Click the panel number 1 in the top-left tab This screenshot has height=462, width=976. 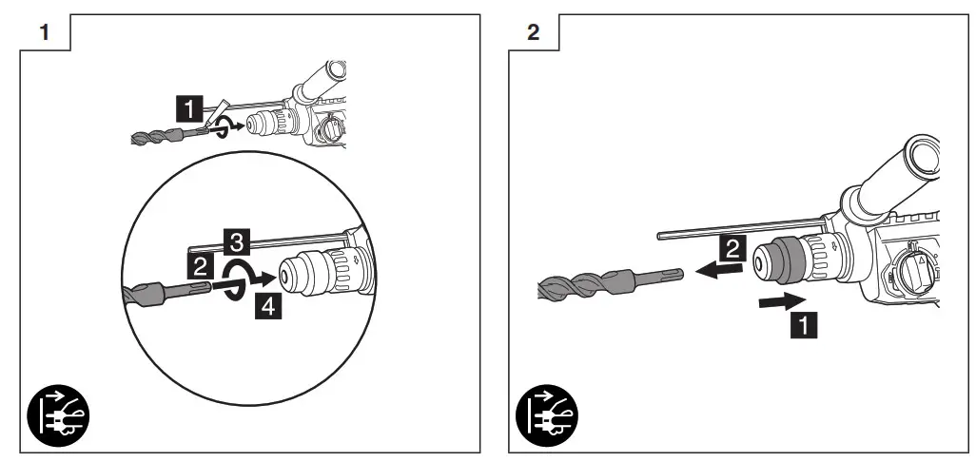click(44, 32)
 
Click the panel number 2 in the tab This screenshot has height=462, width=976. click(532, 32)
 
